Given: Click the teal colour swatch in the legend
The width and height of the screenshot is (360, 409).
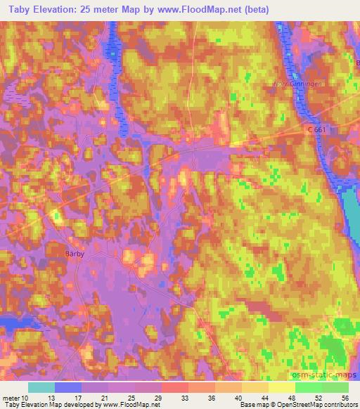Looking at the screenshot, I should (41, 387).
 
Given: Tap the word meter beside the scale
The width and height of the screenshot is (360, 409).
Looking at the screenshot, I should (11, 397).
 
